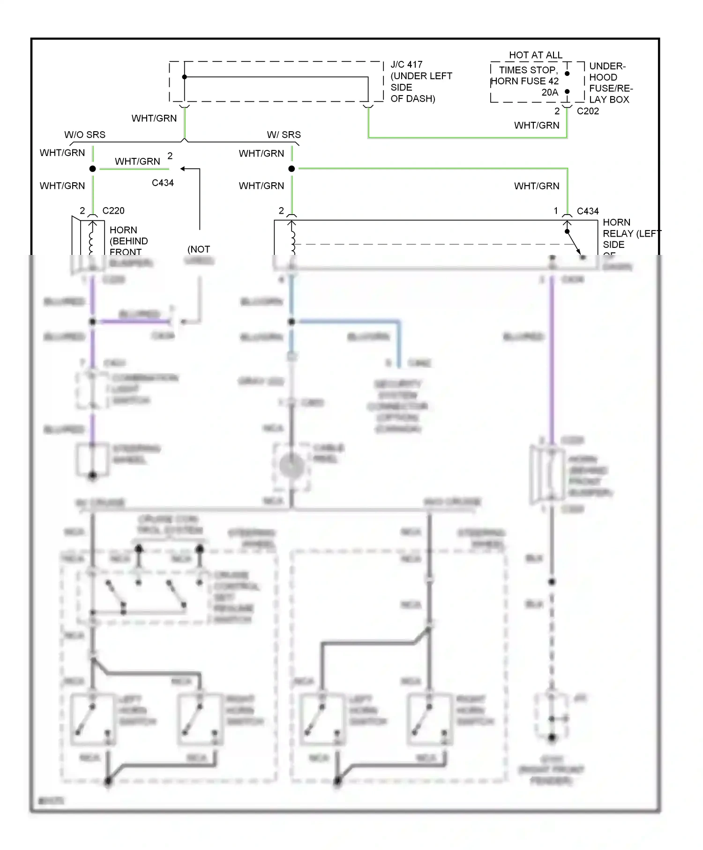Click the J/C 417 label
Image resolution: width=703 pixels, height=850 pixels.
[406, 65]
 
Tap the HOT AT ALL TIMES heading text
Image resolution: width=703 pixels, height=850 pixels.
[535, 55]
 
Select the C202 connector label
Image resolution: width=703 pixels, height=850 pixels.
[588, 111]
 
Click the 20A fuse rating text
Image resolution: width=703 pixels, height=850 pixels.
[549, 92]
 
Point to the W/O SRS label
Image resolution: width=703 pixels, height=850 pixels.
[85, 135]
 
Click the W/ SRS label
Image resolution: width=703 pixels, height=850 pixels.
[284, 135]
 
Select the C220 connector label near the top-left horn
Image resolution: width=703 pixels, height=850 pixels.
[113, 211]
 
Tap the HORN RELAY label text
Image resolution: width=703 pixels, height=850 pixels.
[616, 228]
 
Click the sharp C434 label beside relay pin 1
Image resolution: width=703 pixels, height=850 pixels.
[588, 211]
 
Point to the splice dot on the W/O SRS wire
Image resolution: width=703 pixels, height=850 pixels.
[93, 169]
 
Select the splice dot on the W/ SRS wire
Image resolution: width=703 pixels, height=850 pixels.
[292, 169]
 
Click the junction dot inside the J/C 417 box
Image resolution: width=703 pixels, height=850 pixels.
[185, 77]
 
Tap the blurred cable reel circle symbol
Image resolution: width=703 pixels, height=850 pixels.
[291, 466]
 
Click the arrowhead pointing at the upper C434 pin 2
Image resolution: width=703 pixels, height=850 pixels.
[183, 169]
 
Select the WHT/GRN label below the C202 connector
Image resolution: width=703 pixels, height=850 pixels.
[537, 126]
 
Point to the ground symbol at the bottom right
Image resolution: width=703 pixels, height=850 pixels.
[552, 738]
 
